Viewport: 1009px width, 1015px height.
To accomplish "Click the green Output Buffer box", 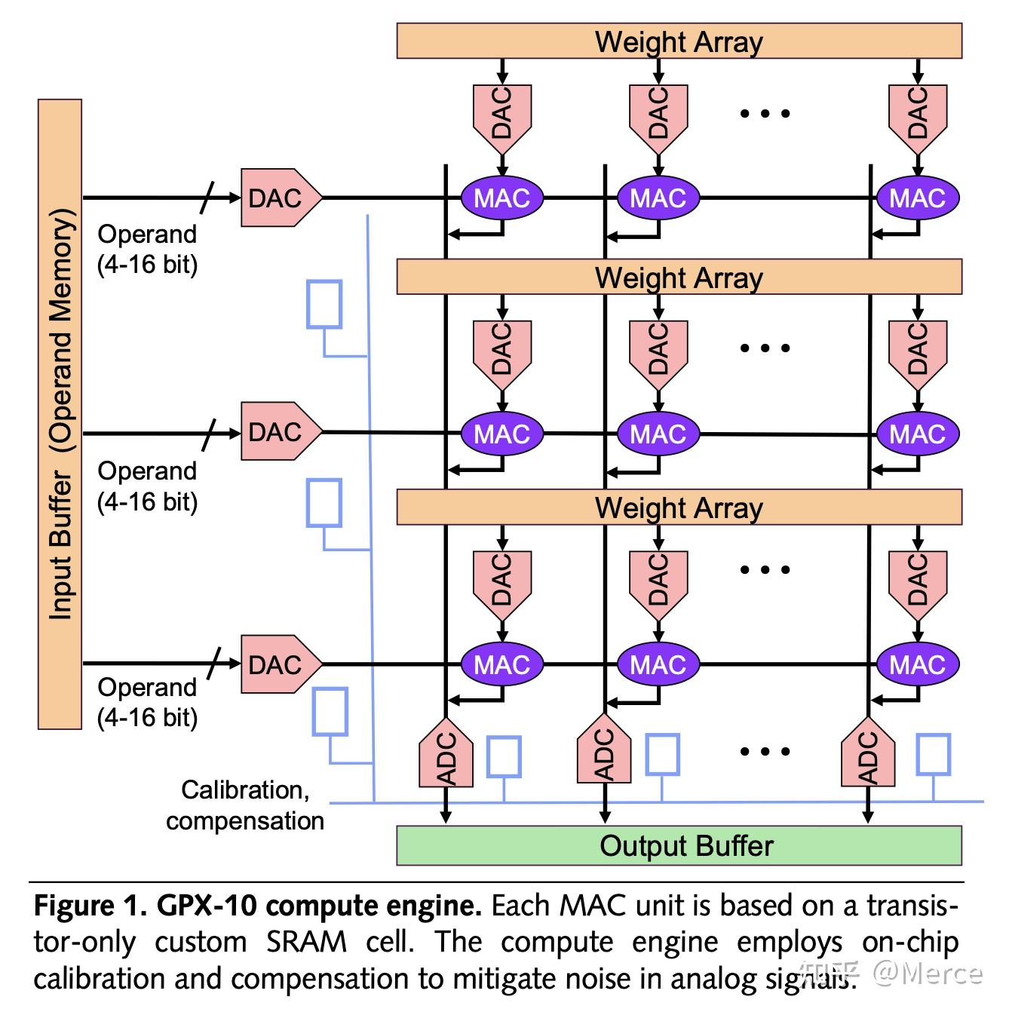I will click(x=679, y=845).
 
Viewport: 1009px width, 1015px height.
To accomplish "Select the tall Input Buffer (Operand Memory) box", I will click(x=60, y=414).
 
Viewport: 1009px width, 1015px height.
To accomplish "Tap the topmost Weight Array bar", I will click(x=679, y=41).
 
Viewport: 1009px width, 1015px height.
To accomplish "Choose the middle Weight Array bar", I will click(x=679, y=277).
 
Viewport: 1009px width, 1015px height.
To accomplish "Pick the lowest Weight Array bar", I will click(x=679, y=507).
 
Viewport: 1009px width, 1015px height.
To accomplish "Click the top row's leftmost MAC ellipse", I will click(x=501, y=198).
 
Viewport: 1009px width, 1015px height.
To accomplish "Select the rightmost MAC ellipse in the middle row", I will click(x=917, y=434).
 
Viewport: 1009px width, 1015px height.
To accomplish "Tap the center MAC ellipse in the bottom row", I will click(x=658, y=664).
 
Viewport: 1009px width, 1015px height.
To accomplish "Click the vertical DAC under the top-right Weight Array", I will click(x=917, y=114).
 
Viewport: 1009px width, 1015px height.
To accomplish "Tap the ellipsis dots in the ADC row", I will click(x=765, y=751).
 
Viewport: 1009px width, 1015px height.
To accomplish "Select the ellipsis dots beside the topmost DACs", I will click(x=765, y=114).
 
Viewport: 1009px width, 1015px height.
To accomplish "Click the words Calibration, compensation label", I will click(x=244, y=805).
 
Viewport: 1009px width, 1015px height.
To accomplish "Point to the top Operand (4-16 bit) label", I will click(x=147, y=250).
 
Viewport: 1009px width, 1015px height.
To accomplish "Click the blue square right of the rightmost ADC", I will click(x=933, y=755).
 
